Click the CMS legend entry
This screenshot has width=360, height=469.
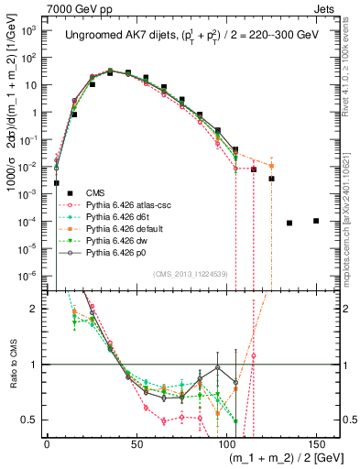click(96, 191)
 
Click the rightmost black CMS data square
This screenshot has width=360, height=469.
click(316, 221)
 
